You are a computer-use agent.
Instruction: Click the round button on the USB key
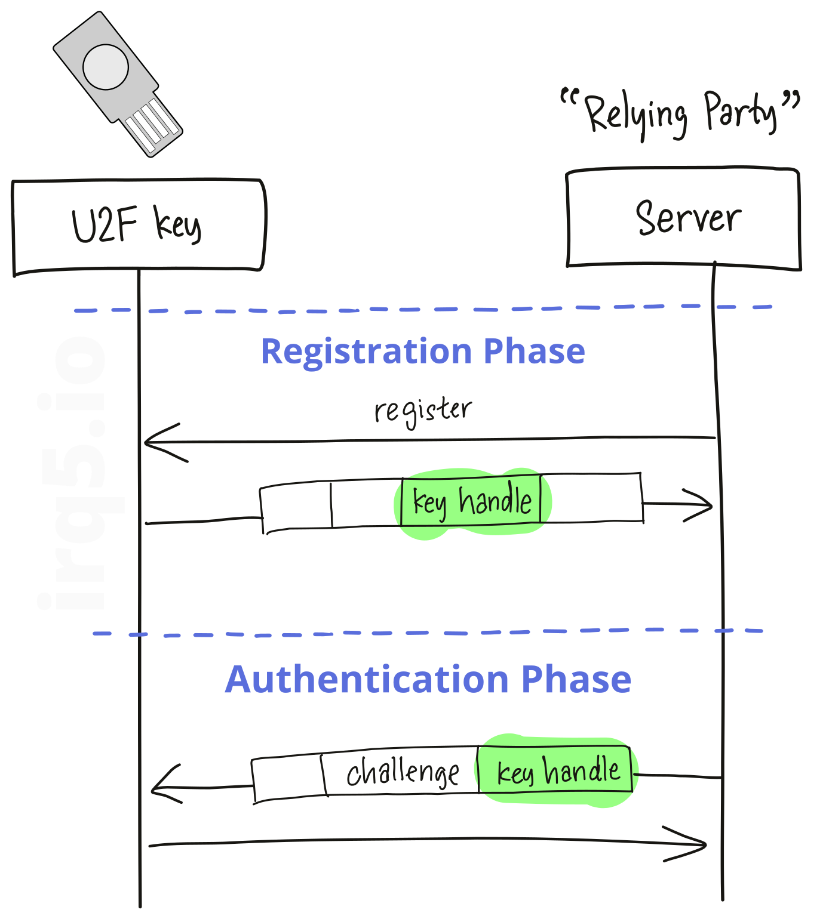coord(106,67)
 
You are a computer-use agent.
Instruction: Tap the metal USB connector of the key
coord(152,126)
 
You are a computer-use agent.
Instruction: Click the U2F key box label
coord(137,225)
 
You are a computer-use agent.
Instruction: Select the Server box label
coord(688,218)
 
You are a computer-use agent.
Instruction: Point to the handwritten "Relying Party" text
coord(681,113)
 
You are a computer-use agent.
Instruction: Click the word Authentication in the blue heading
coord(366,680)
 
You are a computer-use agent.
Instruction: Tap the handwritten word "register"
coord(423,411)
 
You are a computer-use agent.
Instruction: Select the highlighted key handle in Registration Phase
coord(472,501)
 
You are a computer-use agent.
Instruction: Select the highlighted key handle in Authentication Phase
coord(558,770)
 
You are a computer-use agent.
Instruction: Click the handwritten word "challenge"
coord(403,773)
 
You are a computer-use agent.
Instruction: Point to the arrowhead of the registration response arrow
coord(702,505)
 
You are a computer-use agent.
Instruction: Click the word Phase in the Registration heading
coord(534,351)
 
